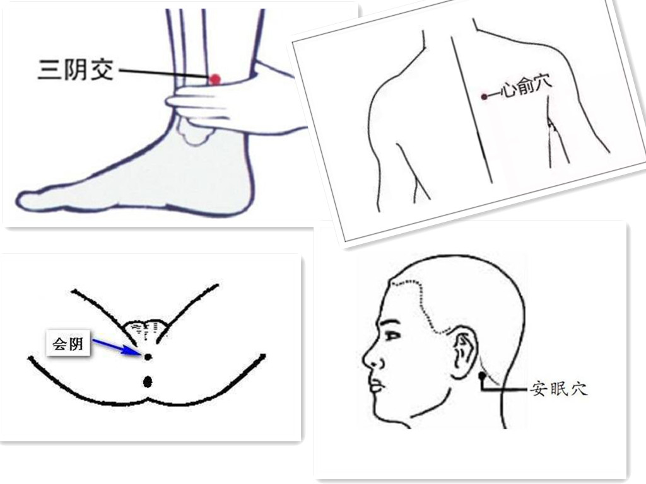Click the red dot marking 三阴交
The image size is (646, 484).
[x=214, y=79]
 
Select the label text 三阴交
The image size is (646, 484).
[x=76, y=69]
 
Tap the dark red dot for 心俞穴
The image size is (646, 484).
[x=484, y=96]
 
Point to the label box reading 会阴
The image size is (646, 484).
[x=68, y=343]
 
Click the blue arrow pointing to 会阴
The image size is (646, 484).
[x=117, y=347]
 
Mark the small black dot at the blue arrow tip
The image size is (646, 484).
[x=148, y=357]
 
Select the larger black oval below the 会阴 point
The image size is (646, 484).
[x=148, y=382]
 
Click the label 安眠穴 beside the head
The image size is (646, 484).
[x=558, y=388]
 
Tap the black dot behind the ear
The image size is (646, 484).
[x=482, y=376]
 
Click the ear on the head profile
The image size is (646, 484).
[x=465, y=352]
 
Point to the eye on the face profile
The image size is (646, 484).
[x=392, y=335]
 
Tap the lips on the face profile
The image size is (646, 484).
[x=378, y=385]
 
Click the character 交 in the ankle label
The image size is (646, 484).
[x=102, y=69]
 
